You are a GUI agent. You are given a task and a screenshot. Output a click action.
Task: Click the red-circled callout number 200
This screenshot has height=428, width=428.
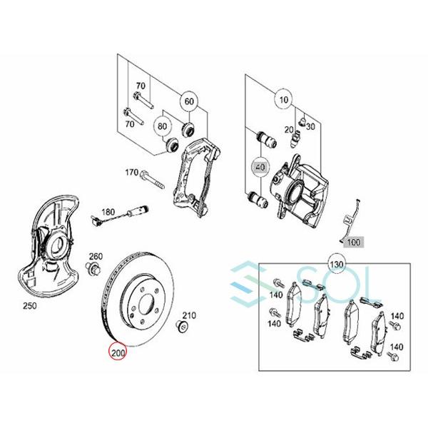tap(118, 352)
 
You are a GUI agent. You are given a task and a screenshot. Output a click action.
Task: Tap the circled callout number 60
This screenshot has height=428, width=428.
tap(189, 101)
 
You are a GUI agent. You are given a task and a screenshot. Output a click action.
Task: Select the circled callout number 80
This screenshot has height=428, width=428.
tap(163, 126)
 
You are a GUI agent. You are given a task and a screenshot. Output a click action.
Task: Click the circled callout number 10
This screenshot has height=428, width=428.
tap(284, 99)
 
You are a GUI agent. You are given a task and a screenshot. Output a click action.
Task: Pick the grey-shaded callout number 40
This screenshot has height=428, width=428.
tap(260, 167)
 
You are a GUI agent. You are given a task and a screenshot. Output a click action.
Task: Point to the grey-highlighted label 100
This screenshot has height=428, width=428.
tap(354, 242)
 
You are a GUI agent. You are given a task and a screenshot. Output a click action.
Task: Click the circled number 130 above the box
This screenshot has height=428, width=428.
tap(336, 265)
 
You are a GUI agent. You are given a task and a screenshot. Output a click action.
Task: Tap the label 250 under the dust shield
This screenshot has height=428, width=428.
tap(30, 306)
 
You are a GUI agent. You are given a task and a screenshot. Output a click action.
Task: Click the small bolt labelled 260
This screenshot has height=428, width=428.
tap(93, 268)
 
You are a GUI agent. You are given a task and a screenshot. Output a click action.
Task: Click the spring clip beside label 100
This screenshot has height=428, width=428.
tap(350, 221)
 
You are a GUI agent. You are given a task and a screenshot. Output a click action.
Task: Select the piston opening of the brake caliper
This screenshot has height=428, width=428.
tap(295, 192)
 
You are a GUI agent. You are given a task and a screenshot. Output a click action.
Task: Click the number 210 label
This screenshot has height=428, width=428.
tap(189, 315)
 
